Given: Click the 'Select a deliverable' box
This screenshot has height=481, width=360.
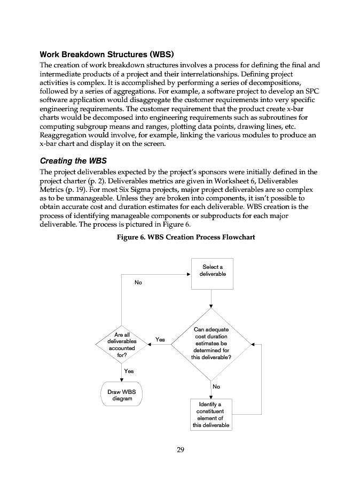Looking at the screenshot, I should coord(212,270).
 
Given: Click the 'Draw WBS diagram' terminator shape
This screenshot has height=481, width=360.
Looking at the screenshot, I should coord(122,394).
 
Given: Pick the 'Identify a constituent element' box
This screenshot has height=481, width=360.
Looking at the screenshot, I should coord(211,415).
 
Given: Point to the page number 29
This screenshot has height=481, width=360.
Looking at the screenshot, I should coord(181,450).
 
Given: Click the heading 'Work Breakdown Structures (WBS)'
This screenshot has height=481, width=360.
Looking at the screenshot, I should coord(107,55).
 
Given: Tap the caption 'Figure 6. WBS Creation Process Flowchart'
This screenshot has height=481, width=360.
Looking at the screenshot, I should coord(186,237).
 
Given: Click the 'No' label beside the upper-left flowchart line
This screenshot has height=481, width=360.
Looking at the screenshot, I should coord(138,282).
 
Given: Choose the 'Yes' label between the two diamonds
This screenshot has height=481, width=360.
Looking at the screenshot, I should coord(160,339).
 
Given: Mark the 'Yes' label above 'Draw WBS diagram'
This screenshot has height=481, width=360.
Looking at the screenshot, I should coord(129,370).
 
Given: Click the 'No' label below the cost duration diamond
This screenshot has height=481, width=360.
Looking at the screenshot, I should coord(216,386).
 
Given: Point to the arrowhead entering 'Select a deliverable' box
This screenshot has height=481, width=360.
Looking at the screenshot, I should coord(189,274).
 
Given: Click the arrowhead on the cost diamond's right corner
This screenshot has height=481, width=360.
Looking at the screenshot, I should coord(253,344).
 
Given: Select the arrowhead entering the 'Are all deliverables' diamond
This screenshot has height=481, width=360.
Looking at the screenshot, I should coord(151,344).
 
